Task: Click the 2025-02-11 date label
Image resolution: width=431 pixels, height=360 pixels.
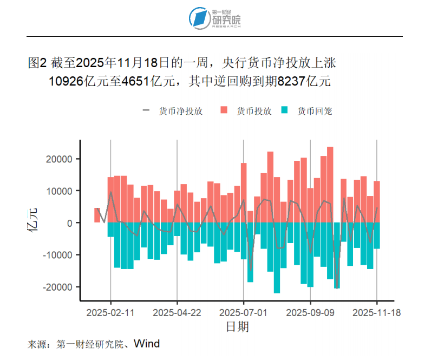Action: point(110,312)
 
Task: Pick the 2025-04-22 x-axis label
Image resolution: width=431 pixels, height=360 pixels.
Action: point(177,312)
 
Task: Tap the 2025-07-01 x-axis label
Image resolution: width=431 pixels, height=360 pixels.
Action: point(244,312)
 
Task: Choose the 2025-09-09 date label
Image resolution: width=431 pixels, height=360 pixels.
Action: point(310,312)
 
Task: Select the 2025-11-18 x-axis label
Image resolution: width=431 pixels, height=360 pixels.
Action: point(377,312)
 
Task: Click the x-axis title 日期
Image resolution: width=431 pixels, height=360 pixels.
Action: point(237,326)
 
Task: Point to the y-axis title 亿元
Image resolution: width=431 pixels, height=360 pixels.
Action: point(34,222)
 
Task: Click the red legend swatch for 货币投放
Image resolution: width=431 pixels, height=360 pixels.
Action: point(224,111)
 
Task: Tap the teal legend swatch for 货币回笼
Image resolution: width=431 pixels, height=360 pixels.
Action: point(285,111)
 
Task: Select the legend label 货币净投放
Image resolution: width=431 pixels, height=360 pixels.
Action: point(181,111)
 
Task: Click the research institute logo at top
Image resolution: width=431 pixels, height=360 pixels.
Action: point(215,18)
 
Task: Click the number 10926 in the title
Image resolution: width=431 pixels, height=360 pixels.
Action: point(66,82)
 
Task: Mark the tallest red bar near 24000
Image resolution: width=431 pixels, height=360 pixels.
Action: point(330,184)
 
